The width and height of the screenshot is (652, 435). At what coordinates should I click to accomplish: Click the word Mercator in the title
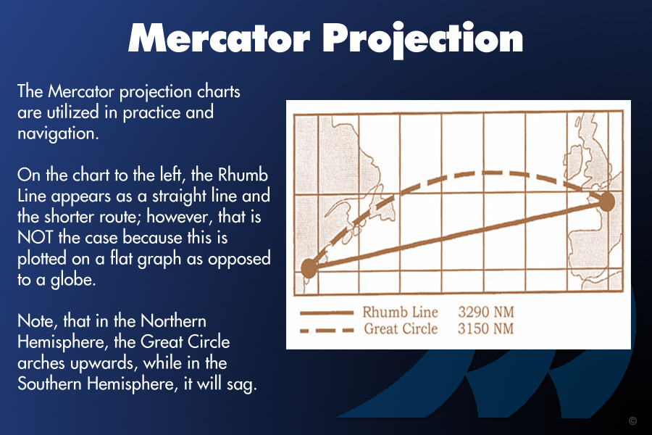(220, 38)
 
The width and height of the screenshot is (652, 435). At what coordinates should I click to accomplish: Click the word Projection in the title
(423, 40)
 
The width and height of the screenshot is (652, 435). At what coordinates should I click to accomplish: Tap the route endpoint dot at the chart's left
(309, 268)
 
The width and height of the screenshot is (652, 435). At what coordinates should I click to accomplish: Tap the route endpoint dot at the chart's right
(606, 202)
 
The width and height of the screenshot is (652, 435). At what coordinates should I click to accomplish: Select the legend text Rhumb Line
(400, 312)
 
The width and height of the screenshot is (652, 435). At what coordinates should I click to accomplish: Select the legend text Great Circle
(401, 328)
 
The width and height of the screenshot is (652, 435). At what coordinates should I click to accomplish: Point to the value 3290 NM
(486, 312)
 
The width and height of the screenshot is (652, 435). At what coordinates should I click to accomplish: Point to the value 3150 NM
(485, 328)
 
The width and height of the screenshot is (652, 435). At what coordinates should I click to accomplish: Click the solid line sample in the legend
(327, 312)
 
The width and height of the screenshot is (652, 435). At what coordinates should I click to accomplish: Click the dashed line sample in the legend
(327, 331)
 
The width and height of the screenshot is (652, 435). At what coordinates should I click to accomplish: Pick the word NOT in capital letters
(35, 238)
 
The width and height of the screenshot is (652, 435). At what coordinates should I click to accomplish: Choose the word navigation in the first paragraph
(58, 134)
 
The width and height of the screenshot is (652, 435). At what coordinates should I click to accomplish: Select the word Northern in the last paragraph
(173, 321)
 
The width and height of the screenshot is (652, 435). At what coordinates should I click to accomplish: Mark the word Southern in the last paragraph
(49, 384)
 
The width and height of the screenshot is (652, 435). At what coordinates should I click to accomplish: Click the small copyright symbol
(633, 420)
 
